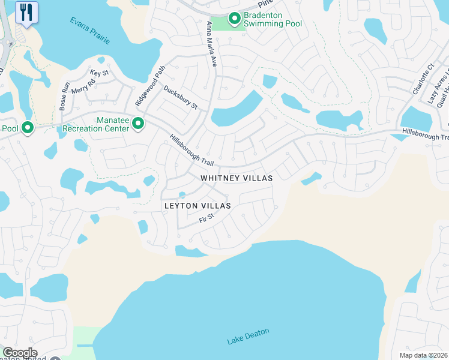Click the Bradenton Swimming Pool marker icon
235,19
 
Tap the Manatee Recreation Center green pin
138,124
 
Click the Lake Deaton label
249,336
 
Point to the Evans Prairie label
89,30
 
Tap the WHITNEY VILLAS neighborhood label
237,178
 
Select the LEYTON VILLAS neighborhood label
197,206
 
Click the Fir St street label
206,219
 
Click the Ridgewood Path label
150,86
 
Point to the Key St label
99,73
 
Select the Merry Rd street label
83,87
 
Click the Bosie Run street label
64,94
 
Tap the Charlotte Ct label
423,79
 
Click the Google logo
20,353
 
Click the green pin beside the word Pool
26,127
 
